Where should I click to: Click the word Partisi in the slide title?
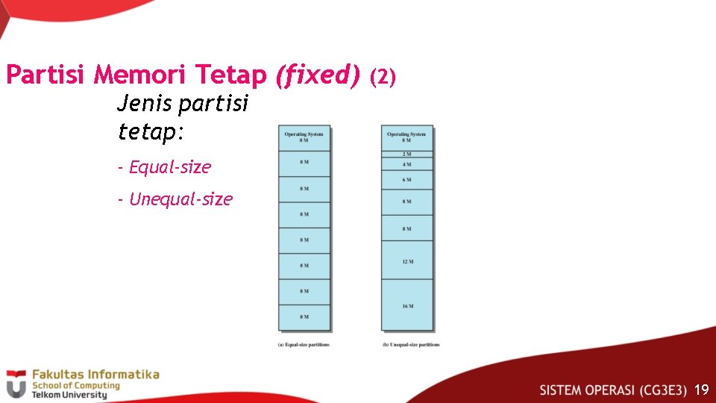tap(46, 75)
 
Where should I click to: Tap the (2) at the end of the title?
tap(384, 76)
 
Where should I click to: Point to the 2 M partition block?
tap(406, 154)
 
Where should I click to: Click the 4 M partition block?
tap(406, 164)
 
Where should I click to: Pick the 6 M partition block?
tap(406, 180)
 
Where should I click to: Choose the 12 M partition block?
tap(406, 261)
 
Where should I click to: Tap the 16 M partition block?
tap(406, 305)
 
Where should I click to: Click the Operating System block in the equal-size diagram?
tap(304, 138)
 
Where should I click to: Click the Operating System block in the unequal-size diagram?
tap(406, 138)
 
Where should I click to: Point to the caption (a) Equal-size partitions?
tap(304, 345)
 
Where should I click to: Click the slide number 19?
tap(700, 390)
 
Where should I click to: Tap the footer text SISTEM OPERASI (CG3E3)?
tap(613, 390)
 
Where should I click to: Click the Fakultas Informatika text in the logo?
tap(95, 374)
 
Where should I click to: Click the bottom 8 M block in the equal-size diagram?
tap(304, 317)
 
